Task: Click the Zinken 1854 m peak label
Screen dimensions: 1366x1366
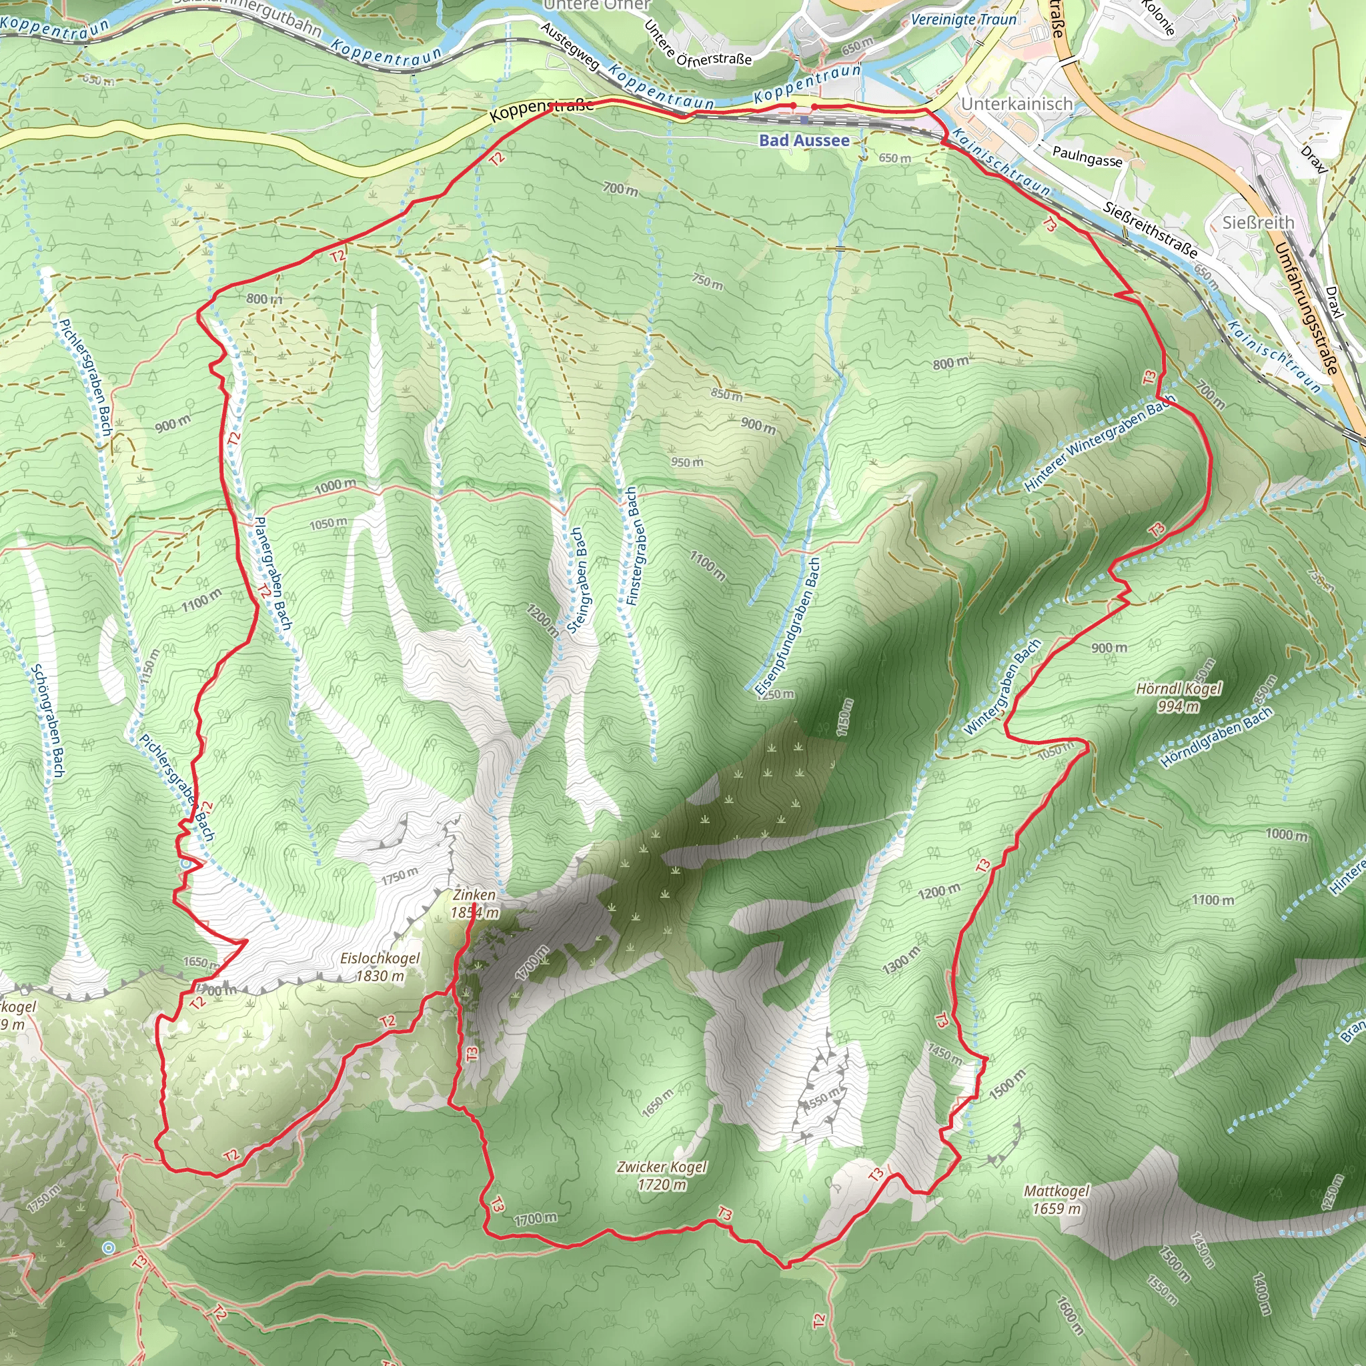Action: coord(474,904)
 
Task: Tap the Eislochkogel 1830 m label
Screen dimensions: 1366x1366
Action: coord(380,967)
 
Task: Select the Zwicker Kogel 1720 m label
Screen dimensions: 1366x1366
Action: coord(661,1175)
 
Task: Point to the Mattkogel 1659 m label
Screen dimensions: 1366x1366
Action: coord(1057,1200)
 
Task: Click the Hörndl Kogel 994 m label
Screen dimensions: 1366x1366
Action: coord(1178,697)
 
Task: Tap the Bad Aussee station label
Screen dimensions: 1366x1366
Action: coord(804,140)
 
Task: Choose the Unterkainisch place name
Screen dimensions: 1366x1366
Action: coord(1016,104)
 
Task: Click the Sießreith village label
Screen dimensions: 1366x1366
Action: coord(1258,223)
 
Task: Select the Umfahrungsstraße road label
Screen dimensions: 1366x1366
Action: coord(1307,308)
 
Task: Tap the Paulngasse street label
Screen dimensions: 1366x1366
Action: coord(1087,155)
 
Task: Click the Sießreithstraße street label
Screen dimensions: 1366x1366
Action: coord(1151,229)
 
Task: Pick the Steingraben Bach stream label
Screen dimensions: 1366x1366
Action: coord(578,580)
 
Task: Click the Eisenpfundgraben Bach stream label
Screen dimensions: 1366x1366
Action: coord(786,626)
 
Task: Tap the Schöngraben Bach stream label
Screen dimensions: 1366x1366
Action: coord(48,720)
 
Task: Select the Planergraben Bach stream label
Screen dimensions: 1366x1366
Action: coord(272,573)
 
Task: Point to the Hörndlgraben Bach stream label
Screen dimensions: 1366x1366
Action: coord(1215,738)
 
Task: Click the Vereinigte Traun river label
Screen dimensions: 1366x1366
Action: coord(963,20)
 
